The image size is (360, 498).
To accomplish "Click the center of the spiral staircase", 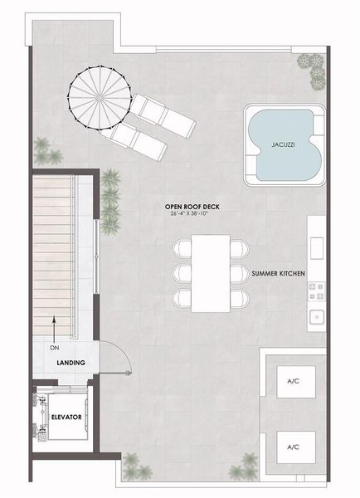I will [x=93, y=93].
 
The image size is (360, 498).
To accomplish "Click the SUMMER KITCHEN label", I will [x=279, y=272].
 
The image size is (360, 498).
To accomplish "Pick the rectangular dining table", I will [x=211, y=272].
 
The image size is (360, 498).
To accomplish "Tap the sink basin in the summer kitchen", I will [x=316, y=316].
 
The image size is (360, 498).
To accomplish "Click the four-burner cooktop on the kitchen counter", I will [x=316, y=290].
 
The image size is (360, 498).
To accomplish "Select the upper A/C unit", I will [x=292, y=381].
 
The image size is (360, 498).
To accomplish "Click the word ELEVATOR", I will [x=65, y=417].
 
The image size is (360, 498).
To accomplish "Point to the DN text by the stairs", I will [x=54, y=349].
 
